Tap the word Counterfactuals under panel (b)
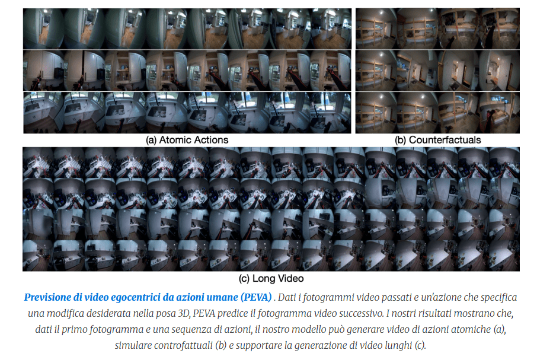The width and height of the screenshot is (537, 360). pos(445,140)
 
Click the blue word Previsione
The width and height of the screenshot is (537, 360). pos(47,297)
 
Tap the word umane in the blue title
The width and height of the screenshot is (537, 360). pos(223,297)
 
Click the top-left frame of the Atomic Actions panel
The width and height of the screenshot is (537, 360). pos(44,28)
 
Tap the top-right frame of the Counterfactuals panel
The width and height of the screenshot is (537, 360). pos(500,28)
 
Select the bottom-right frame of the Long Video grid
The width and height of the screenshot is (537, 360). pos(504,256)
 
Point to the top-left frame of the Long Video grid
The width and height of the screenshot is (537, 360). pos(39,163)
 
